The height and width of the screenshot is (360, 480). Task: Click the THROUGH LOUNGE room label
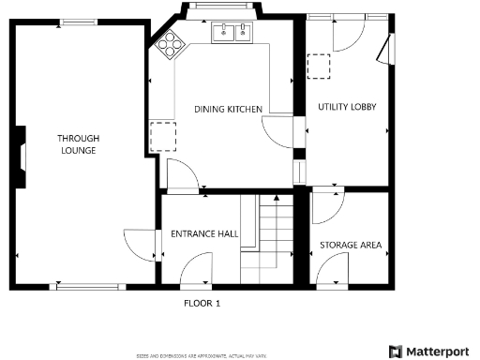[x=79, y=144]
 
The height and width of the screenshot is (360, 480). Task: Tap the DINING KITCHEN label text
[x=228, y=110]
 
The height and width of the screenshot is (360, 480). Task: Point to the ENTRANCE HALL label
[x=203, y=233]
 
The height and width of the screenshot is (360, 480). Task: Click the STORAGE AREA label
[x=351, y=246]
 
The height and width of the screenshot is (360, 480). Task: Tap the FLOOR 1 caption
[x=201, y=304]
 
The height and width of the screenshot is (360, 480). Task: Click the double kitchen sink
[x=232, y=34]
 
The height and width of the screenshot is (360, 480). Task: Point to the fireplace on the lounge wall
[x=20, y=155]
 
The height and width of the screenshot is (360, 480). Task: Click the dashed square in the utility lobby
[x=320, y=67]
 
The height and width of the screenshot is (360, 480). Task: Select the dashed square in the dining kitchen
[x=162, y=135]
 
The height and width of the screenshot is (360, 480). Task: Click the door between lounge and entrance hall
[x=142, y=245]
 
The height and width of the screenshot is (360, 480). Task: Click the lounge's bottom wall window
[x=90, y=285]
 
